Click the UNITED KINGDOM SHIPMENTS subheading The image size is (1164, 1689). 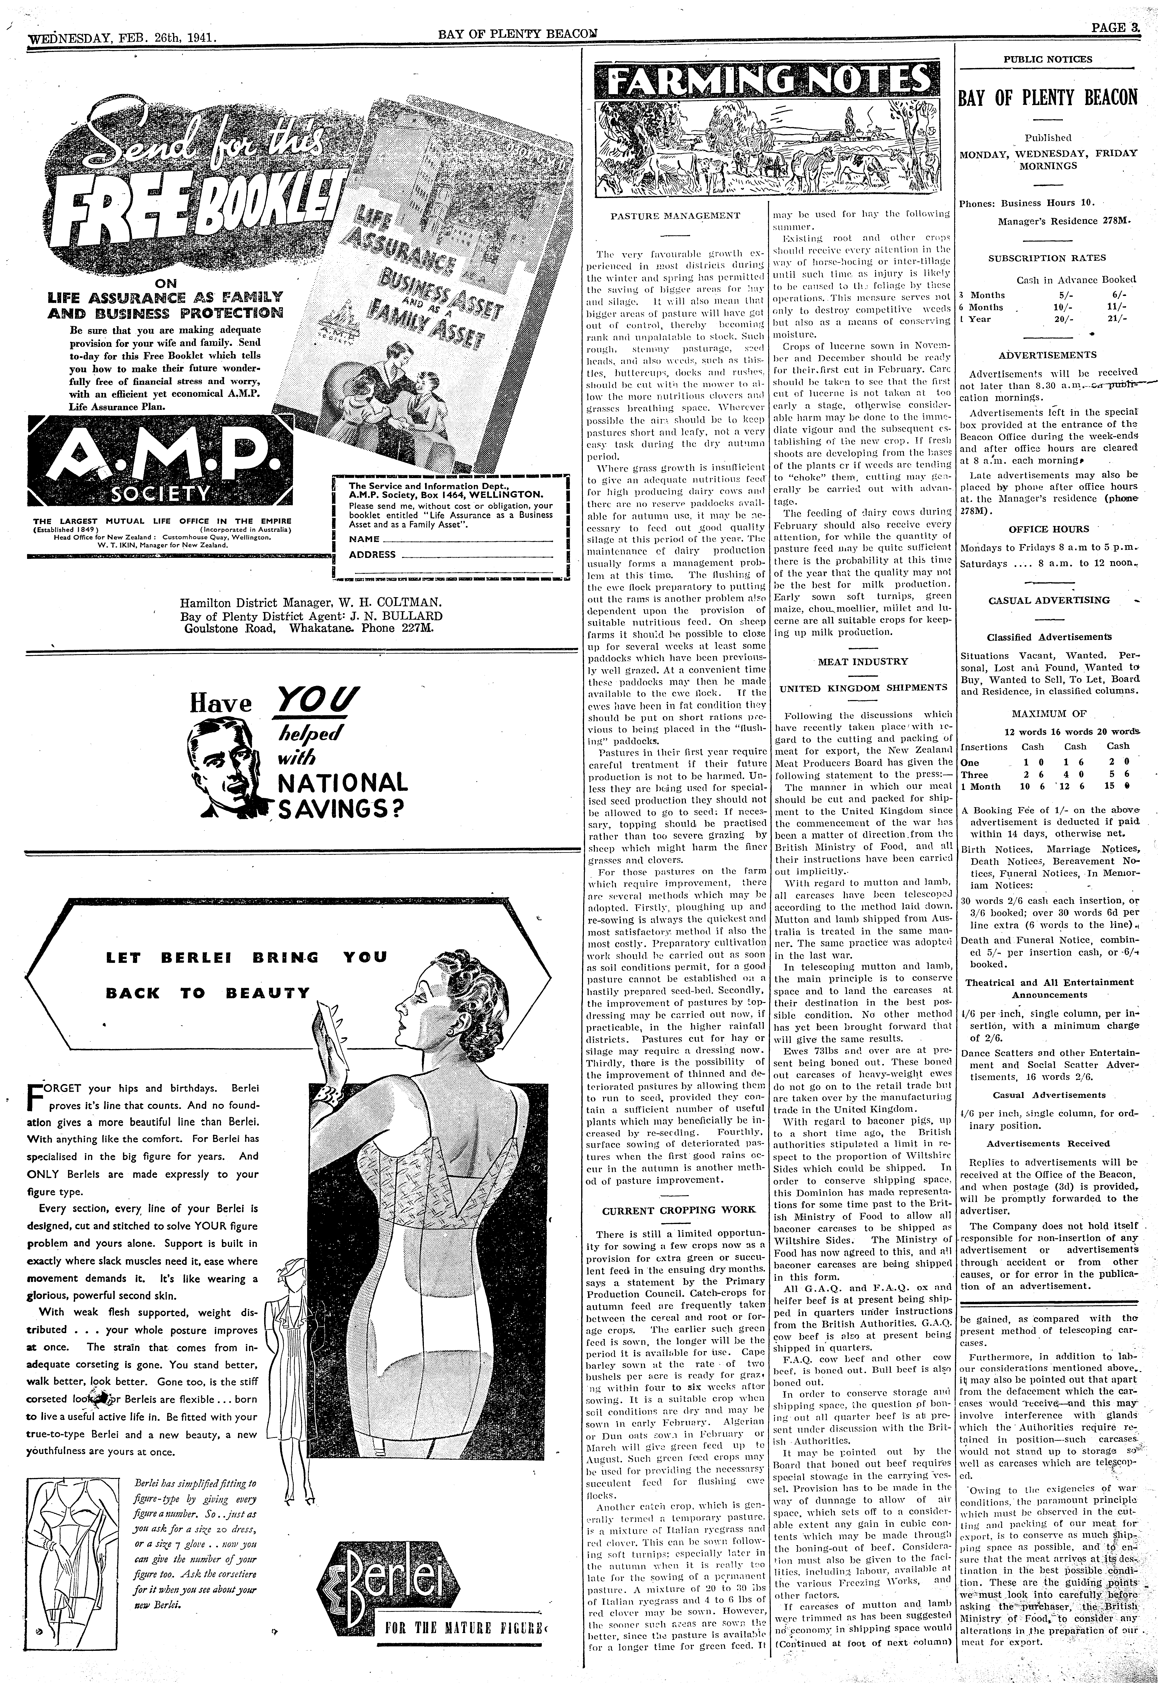(863, 688)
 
